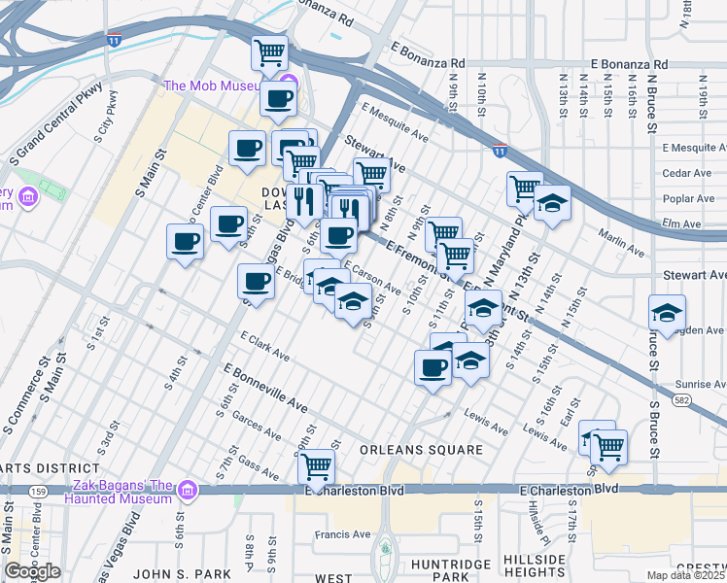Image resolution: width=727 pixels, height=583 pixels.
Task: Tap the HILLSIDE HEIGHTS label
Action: [x=535, y=567]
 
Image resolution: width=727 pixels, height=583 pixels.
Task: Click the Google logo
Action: [x=32, y=571]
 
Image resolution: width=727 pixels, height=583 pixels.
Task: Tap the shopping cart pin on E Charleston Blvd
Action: [x=316, y=467]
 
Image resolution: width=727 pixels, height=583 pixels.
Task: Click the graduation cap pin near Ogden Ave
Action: [x=667, y=313]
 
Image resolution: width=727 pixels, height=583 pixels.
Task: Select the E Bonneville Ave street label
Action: [x=265, y=387]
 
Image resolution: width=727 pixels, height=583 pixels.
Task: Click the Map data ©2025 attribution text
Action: [x=684, y=575]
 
